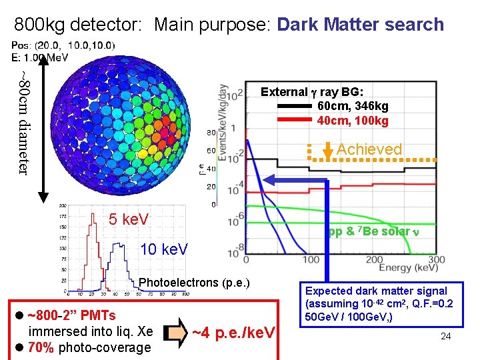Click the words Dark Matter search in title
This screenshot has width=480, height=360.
(x=360, y=25)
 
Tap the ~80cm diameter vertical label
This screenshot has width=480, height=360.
(x=24, y=123)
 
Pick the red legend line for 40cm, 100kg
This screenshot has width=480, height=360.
(x=291, y=121)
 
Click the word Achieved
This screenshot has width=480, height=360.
(x=369, y=149)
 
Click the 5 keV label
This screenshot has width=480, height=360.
(x=129, y=219)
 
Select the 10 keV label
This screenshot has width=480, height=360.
(x=164, y=250)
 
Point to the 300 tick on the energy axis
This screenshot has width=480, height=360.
(x=436, y=259)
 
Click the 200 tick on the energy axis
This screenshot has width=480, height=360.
(x=373, y=259)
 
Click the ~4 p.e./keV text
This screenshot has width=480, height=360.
(x=233, y=331)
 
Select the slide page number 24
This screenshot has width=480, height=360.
(x=445, y=336)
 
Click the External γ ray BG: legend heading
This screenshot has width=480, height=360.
(x=317, y=92)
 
